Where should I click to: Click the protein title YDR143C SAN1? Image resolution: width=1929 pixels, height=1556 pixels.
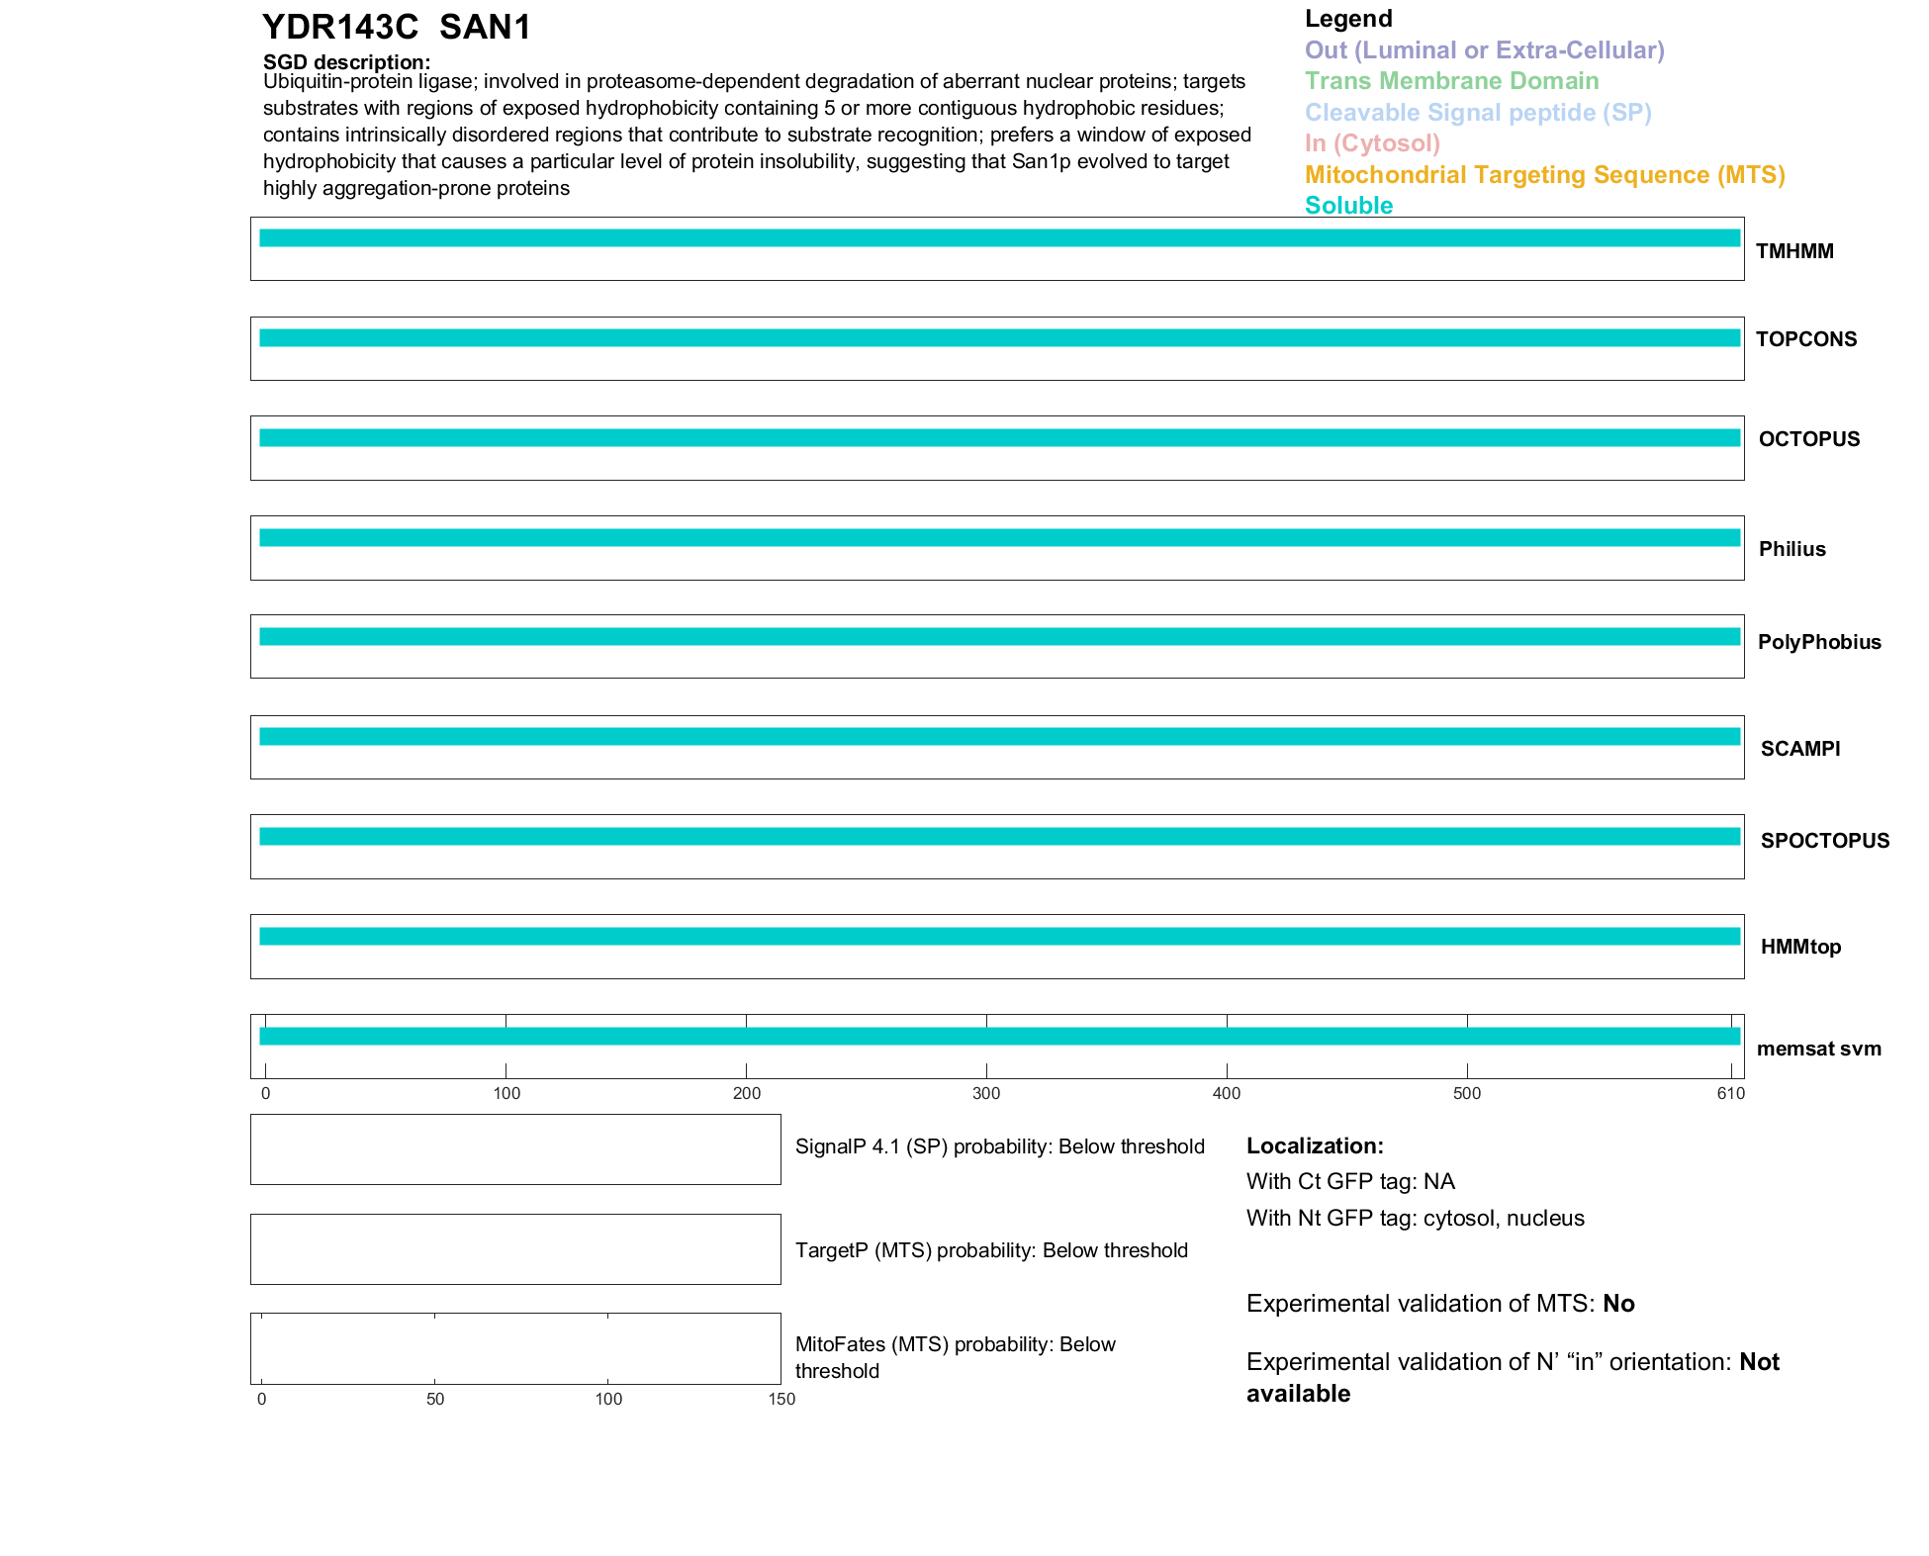(x=397, y=28)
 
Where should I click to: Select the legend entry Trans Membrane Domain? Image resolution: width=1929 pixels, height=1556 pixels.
(x=1451, y=81)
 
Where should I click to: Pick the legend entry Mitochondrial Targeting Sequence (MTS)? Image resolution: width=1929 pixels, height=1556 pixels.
(x=1544, y=175)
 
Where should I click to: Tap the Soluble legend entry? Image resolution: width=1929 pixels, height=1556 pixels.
(x=1348, y=206)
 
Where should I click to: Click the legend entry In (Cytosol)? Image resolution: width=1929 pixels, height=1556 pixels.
(x=1372, y=143)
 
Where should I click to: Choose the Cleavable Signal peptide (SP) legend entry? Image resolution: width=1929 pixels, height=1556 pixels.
(x=1478, y=113)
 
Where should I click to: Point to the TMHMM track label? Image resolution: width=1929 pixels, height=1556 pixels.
(x=1794, y=251)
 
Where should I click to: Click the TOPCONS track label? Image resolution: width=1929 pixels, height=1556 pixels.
(x=1806, y=339)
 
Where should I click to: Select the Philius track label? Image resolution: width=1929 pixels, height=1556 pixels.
(x=1791, y=549)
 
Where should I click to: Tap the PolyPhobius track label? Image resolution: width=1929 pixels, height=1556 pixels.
(x=1819, y=642)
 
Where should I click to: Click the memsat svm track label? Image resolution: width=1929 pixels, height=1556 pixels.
(x=1818, y=1049)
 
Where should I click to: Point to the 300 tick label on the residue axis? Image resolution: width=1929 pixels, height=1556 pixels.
(x=986, y=1093)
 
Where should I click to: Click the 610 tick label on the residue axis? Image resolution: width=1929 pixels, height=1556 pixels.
(x=1731, y=1093)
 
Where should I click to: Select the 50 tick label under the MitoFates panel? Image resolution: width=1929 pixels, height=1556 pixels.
(x=435, y=1399)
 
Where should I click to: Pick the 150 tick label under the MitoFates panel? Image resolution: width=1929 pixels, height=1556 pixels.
(x=781, y=1399)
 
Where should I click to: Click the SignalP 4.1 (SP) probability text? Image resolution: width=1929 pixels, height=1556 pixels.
(x=999, y=1146)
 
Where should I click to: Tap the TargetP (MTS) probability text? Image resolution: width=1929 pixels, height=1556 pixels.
(x=991, y=1250)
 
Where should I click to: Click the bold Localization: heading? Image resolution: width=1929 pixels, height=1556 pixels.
(x=1315, y=1146)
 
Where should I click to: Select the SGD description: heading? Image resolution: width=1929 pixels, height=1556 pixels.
(x=346, y=62)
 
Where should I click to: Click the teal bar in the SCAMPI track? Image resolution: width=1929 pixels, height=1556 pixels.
(x=999, y=737)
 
